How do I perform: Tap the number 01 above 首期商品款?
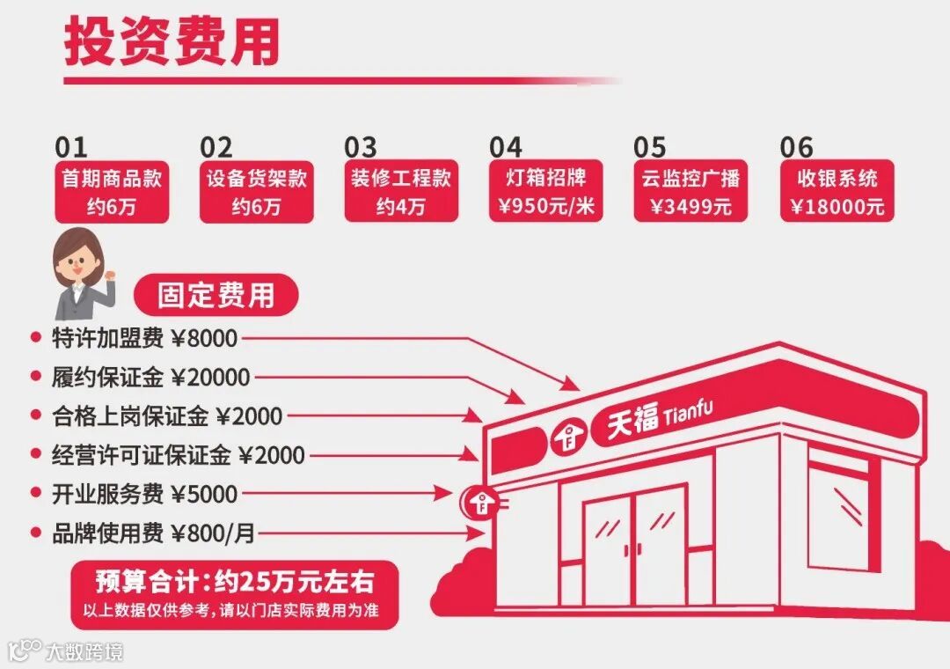coord(71,147)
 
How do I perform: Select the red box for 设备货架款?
coord(256,192)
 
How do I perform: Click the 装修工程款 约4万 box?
coord(400,192)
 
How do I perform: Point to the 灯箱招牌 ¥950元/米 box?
coord(545,192)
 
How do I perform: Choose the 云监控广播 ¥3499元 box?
coord(690,192)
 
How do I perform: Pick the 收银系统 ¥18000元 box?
coord(837,192)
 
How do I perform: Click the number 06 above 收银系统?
coord(796,147)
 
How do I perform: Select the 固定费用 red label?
coord(216,295)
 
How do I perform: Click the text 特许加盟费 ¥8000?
coord(145,338)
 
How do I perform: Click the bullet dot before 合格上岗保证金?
coord(36,415)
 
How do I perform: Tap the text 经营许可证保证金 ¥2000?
coord(179,455)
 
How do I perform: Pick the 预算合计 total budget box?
coord(234,593)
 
